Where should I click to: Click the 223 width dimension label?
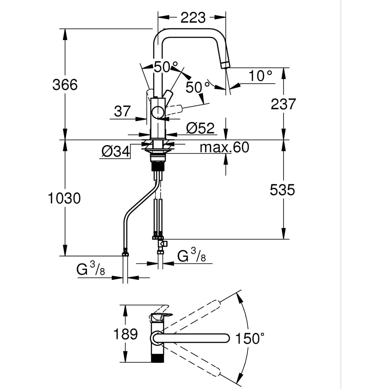pos(192,18)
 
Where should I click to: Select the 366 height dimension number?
pos(65,84)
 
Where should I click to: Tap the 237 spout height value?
pos(283,104)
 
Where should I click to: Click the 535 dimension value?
pos(282,190)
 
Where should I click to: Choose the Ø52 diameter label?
pos(200,128)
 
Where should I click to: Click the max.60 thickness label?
pos(224,147)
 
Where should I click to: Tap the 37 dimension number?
pos(123,112)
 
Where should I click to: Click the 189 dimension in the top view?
pos(125,334)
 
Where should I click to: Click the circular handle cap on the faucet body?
pos(158,112)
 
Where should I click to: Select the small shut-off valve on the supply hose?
pos(161,244)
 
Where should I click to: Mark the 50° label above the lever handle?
pos(165,67)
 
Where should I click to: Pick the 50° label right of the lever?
pos(195,87)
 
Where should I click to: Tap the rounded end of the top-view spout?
pos(226,338)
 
